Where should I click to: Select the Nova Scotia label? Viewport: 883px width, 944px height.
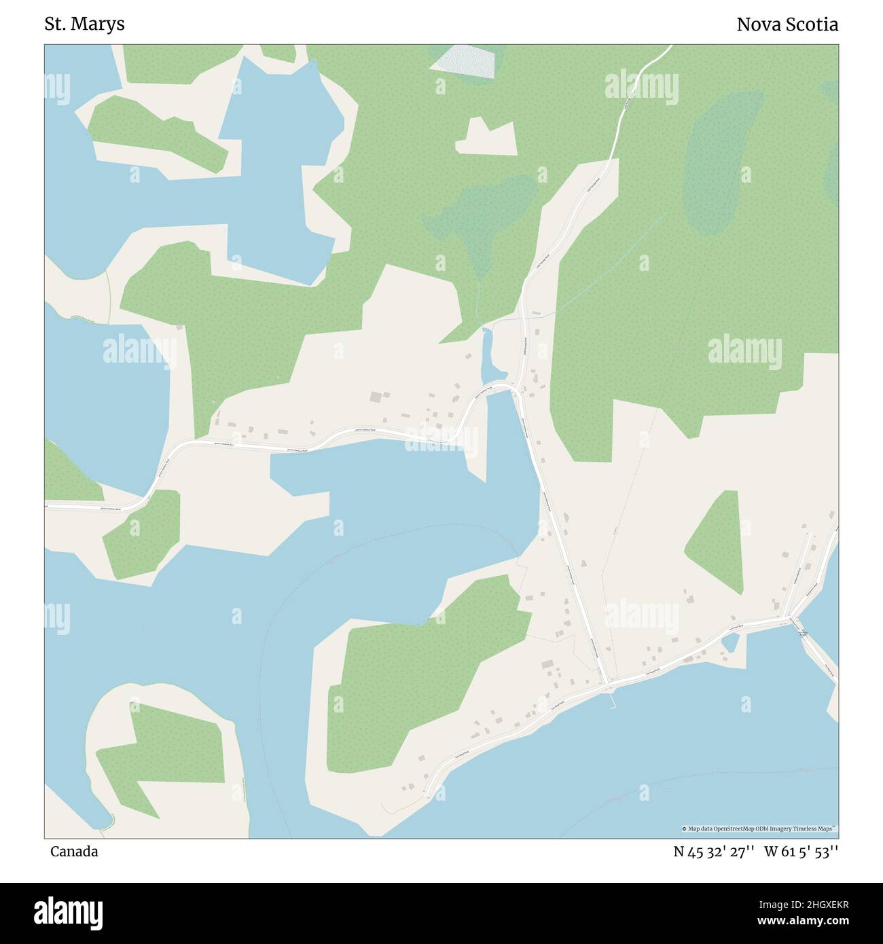[x=787, y=25]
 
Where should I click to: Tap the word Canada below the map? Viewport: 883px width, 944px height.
[x=74, y=851]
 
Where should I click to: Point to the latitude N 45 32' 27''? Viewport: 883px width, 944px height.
[x=714, y=852]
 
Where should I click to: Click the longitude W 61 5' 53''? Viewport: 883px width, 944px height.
[x=801, y=852]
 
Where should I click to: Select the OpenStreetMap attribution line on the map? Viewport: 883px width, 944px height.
[x=759, y=829]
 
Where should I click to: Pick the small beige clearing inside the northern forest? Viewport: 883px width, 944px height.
[x=487, y=138]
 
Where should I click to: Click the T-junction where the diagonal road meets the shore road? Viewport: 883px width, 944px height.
[x=606, y=683]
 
